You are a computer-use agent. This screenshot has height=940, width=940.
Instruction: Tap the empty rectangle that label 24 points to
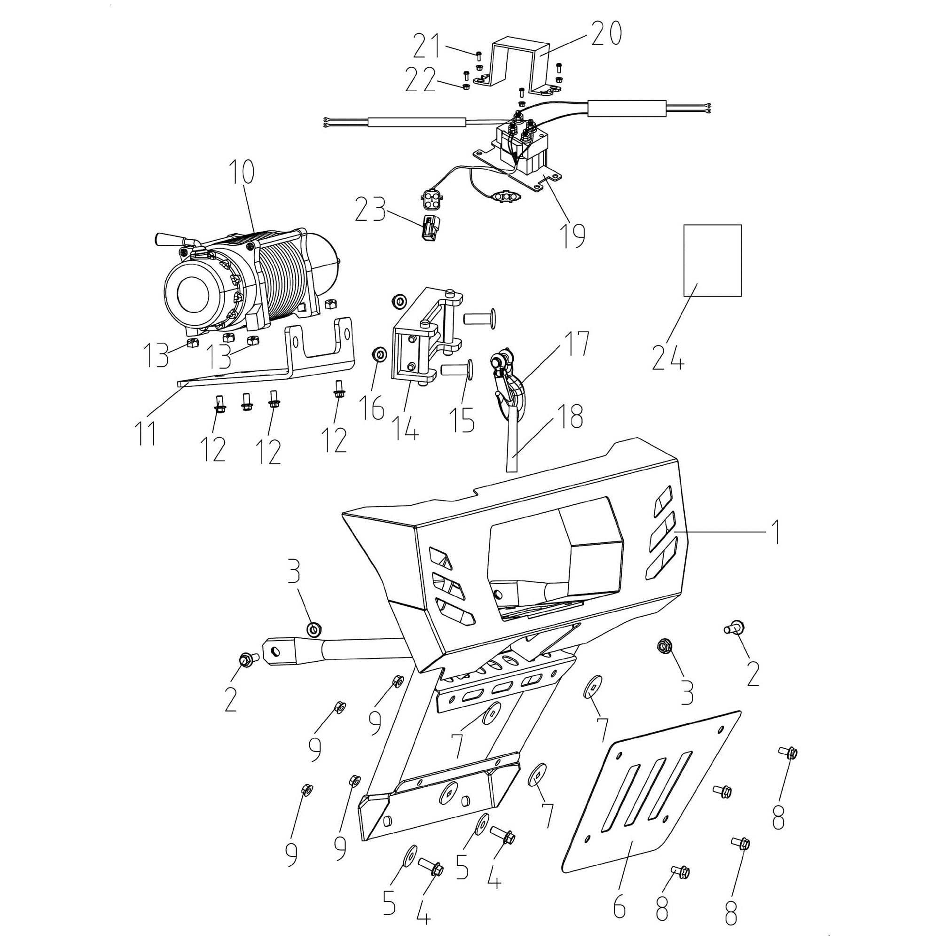[713, 260]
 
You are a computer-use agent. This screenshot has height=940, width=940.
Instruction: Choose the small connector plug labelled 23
[431, 227]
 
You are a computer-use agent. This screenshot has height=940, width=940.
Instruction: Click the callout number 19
[572, 235]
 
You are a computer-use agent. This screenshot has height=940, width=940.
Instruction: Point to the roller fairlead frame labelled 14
[418, 341]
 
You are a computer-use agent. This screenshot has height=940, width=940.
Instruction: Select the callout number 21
[427, 46]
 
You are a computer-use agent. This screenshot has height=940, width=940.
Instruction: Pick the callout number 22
[420, 81]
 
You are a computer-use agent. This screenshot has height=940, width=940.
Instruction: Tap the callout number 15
[462, 419]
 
